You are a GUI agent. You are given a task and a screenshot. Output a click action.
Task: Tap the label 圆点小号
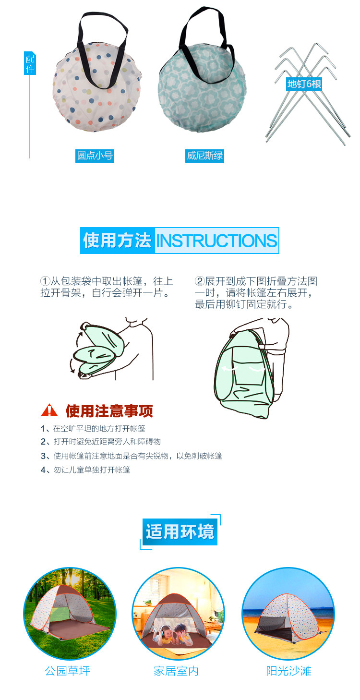tap(95, 156)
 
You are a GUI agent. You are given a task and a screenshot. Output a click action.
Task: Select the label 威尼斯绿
tap(205, 156)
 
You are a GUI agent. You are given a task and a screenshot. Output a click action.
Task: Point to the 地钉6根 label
tap(304, 84)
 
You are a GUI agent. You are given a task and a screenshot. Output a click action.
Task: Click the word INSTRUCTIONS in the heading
tap(216, 241)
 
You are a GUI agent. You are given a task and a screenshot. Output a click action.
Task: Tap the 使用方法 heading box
tap(117, 241)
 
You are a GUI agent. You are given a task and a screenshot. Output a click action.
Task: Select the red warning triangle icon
tap(49, 411)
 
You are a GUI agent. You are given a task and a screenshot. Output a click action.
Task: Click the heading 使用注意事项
tap(109, 411)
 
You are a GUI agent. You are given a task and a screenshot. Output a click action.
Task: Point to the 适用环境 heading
tap(180, 532)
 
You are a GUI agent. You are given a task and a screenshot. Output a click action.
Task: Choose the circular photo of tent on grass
tap(70, 613)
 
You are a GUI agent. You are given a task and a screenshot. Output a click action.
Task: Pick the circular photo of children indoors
tap(178, 613)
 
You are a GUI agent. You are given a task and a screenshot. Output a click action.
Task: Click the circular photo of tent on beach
tap(288, 613)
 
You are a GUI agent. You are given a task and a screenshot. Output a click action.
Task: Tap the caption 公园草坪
tap(68, 671)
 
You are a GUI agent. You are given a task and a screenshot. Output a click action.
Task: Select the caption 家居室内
tap(176, 671)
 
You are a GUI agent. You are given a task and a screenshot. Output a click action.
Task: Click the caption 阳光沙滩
tap(289, 671)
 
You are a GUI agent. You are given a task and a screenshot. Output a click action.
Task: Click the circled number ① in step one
tap(45, 281)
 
